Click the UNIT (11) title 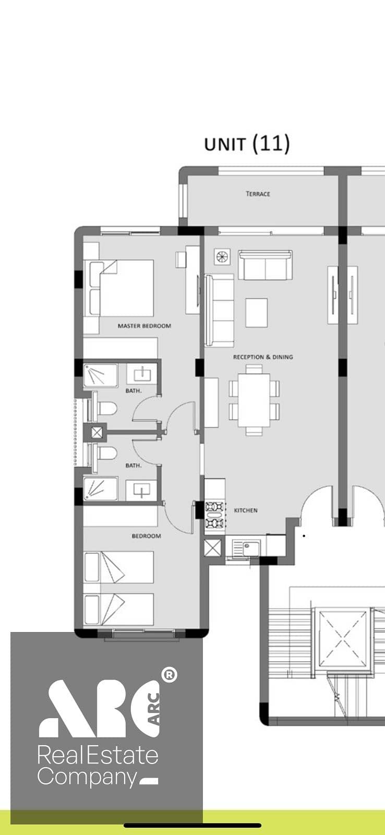(247, 144)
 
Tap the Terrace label (258, 194)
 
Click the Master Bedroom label (144, 326)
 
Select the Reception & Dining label (263, 357)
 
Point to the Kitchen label (246, 510)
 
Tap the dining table (254, 400)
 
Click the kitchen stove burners (215, 515)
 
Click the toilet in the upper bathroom (103, 409)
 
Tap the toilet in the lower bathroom (103, 453)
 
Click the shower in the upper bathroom (100, 375)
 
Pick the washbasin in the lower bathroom (141, 490)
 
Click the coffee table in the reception (257, 313)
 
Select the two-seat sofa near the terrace (266, 265)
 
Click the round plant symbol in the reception (222, 256)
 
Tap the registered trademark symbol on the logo (169, 674)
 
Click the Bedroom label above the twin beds (147, 536)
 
